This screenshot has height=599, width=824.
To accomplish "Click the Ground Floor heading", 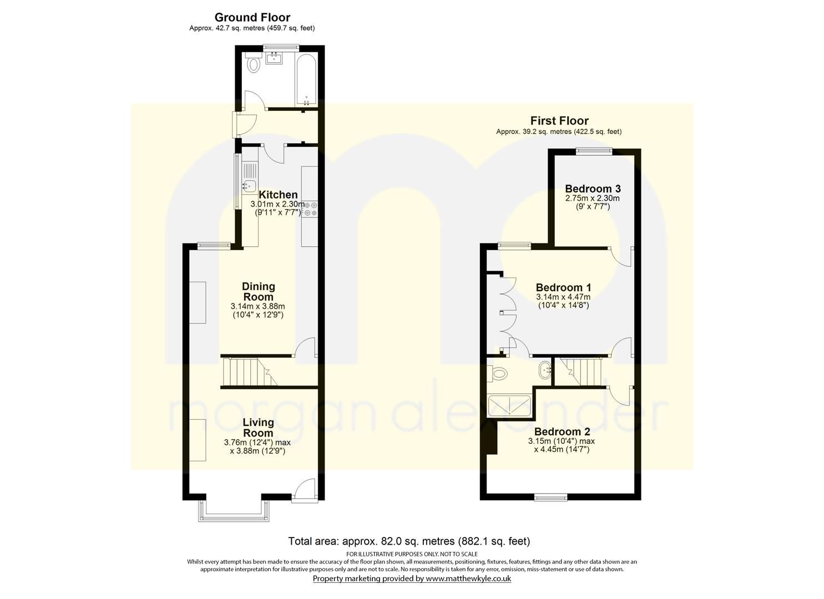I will click(252, 18).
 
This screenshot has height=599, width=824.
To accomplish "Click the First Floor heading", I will click(559, 120).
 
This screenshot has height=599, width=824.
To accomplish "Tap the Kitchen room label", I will click(278, 195).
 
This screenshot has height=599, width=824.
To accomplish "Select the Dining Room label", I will click(259, 291).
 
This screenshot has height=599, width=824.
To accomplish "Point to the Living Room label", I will click(258, 428).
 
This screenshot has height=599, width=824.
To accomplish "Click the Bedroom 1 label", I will click(563, 287).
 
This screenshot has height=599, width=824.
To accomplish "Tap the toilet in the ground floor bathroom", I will click(254, 64).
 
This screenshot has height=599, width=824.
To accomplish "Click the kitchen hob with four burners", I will click(309, 209).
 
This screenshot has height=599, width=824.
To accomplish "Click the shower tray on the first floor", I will click(509, 406).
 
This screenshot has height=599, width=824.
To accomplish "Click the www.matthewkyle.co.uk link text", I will click(468, 578).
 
